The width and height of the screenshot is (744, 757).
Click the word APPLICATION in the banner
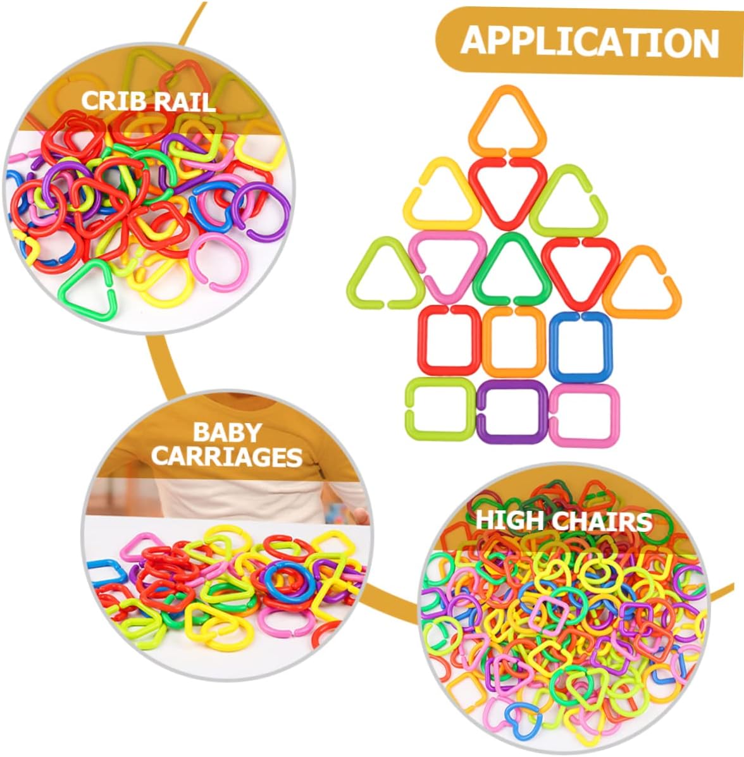tap(590, 42)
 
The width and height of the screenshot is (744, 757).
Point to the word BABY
tap(227, 432)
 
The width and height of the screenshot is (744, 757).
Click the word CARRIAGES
tap(227, 457)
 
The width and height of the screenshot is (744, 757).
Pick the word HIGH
tap(509, 520)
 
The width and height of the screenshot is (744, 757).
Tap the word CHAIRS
tap(602, 521)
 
